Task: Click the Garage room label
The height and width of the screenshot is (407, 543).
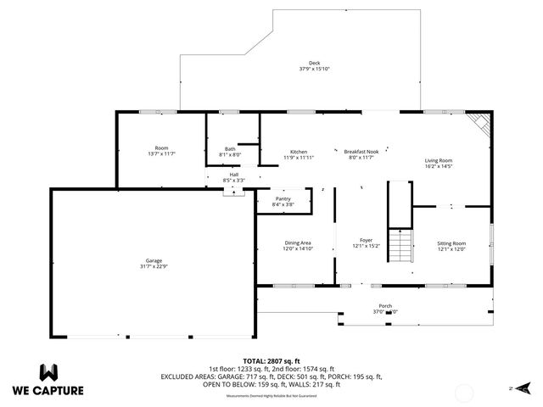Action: click(x=153, y=260)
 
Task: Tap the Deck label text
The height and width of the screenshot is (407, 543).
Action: click(x=314, y=63)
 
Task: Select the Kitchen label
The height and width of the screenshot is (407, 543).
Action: click(x=299, y=152)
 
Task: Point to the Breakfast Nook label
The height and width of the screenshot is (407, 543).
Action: click(x=361, y=152)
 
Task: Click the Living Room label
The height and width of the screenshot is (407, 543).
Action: click(x=438, y=160)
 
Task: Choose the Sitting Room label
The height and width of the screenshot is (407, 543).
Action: click(x=451, y=243)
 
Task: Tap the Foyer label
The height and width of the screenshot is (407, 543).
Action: click(x=366, y=240)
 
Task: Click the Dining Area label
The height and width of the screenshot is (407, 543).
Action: click(x=299, y=243)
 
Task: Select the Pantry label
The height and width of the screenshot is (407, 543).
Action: click(x=283, y=198)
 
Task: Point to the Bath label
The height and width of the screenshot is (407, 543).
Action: click(x=230, y=149)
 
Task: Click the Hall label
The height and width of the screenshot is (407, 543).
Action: click(x=233, y=175)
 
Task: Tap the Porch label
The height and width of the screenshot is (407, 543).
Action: click(x=385, y=306)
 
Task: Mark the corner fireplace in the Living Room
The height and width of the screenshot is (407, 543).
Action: click(x=481, y=123)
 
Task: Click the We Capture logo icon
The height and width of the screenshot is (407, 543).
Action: click(x=48, y=371)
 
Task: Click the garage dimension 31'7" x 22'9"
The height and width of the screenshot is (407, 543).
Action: click(x=153, y=266)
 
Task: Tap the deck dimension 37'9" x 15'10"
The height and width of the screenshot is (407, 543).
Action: click(x=314, y=69)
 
